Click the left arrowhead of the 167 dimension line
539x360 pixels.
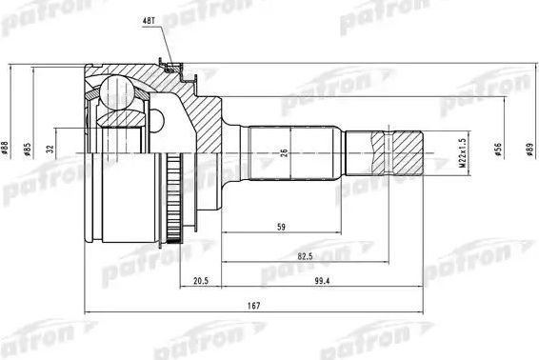tap(89, 310)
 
